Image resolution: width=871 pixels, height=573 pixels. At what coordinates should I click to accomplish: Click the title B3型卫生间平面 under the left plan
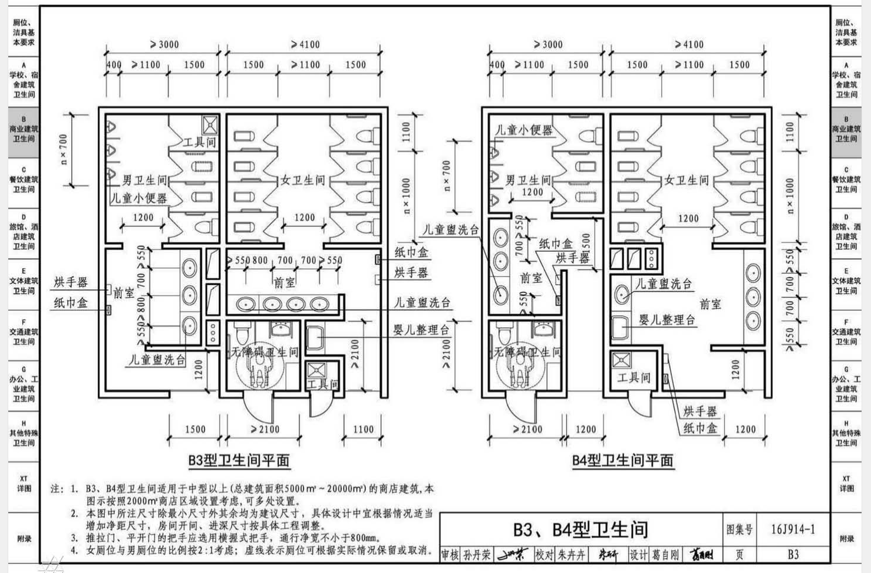point(239,460)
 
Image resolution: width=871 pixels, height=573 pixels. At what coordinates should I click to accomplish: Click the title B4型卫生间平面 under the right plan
point(622,460)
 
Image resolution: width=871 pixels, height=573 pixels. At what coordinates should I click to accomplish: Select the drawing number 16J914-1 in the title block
point(793,529)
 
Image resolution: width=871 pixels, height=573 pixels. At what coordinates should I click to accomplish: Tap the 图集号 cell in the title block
point(739,529)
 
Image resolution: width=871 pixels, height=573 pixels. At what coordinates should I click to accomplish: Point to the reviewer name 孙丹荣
point(476,555)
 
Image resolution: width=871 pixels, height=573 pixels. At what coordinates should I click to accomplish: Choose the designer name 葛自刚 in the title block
point(665,555)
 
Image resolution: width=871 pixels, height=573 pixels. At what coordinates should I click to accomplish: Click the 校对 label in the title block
point(545,555)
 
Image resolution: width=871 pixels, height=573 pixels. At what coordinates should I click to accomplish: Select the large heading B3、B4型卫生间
point(580,529)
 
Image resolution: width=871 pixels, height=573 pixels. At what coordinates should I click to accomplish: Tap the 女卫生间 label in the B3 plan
point(302,180)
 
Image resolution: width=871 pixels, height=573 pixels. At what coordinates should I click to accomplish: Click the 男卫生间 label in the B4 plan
point(527,180)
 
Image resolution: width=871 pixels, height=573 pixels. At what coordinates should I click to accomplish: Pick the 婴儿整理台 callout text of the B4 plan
point(667,320)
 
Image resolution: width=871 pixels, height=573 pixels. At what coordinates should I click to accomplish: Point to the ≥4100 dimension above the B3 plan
point(305,44)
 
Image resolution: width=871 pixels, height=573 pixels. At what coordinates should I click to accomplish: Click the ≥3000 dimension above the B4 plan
point(548,44)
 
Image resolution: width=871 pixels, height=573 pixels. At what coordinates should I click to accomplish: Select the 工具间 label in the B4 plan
point(634,377)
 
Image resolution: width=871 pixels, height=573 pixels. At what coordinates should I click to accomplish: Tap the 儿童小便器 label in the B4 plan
point(524,130)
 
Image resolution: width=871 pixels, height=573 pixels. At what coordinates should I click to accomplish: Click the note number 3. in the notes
point(75,538)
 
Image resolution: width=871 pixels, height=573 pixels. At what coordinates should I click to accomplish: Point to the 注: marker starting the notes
point(57,489)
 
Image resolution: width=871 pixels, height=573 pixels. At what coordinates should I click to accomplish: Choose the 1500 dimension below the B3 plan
point(195,429)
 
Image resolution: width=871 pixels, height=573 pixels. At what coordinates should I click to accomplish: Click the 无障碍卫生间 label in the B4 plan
point(527,352)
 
